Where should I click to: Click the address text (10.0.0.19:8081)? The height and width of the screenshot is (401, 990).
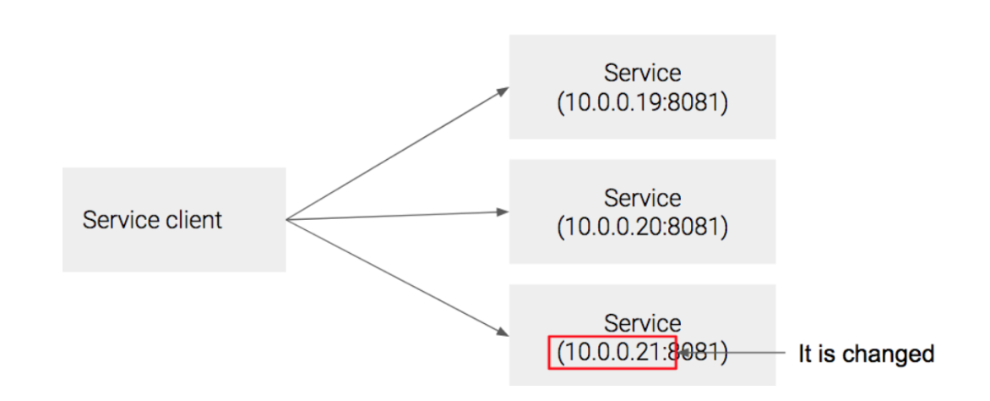[x=642, y=103]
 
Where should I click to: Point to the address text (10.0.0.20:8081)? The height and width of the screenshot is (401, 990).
[x=642, y=228]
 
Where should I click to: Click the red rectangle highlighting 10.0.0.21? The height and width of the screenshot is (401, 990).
[x=612, y=352]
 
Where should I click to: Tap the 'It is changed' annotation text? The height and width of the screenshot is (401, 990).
[x=866, y=354]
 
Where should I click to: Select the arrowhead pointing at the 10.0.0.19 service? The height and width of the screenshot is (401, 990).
[x=503, y=89]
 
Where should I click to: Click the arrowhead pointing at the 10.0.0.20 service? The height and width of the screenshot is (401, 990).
[x=503, y=212]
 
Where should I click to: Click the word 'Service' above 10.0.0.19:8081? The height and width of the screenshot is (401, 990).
[x=642, y=73]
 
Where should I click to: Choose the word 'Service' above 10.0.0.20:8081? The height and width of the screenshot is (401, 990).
[x=642, y=198]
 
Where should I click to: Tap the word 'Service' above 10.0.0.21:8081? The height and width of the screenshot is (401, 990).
[x=642, y=323]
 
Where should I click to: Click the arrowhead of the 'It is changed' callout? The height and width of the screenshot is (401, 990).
[x=683, y=353]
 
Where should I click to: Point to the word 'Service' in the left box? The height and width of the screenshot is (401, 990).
[x=112, y=220]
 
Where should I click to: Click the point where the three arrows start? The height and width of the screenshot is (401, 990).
[x=288, y=221]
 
